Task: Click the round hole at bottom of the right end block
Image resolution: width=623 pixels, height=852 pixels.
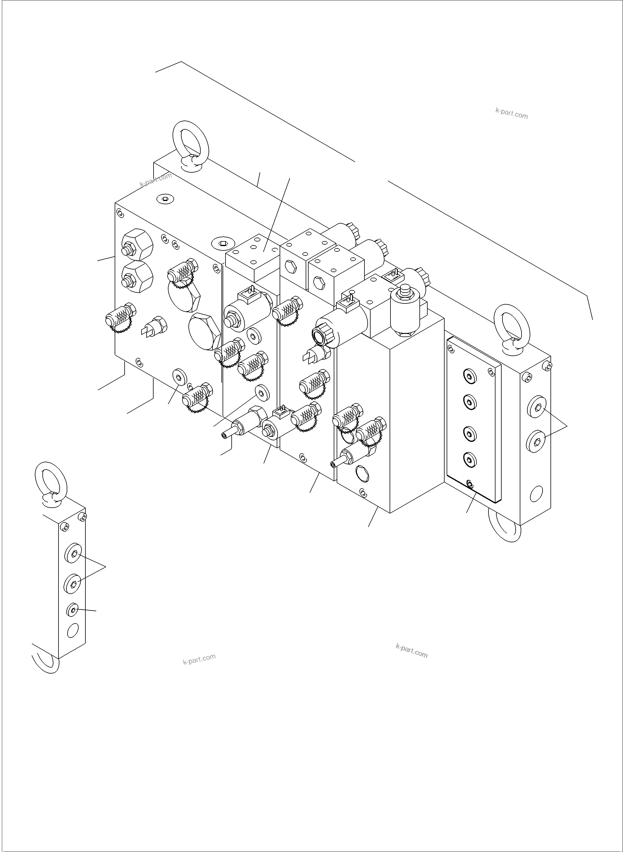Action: [x=536, y=493]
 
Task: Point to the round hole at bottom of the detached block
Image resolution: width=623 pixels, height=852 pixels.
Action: [x=73, y=630]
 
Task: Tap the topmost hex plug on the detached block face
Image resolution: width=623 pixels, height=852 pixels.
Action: [x=73, y=553]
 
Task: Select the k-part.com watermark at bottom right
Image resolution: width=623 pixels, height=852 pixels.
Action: [x=412, y=651]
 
